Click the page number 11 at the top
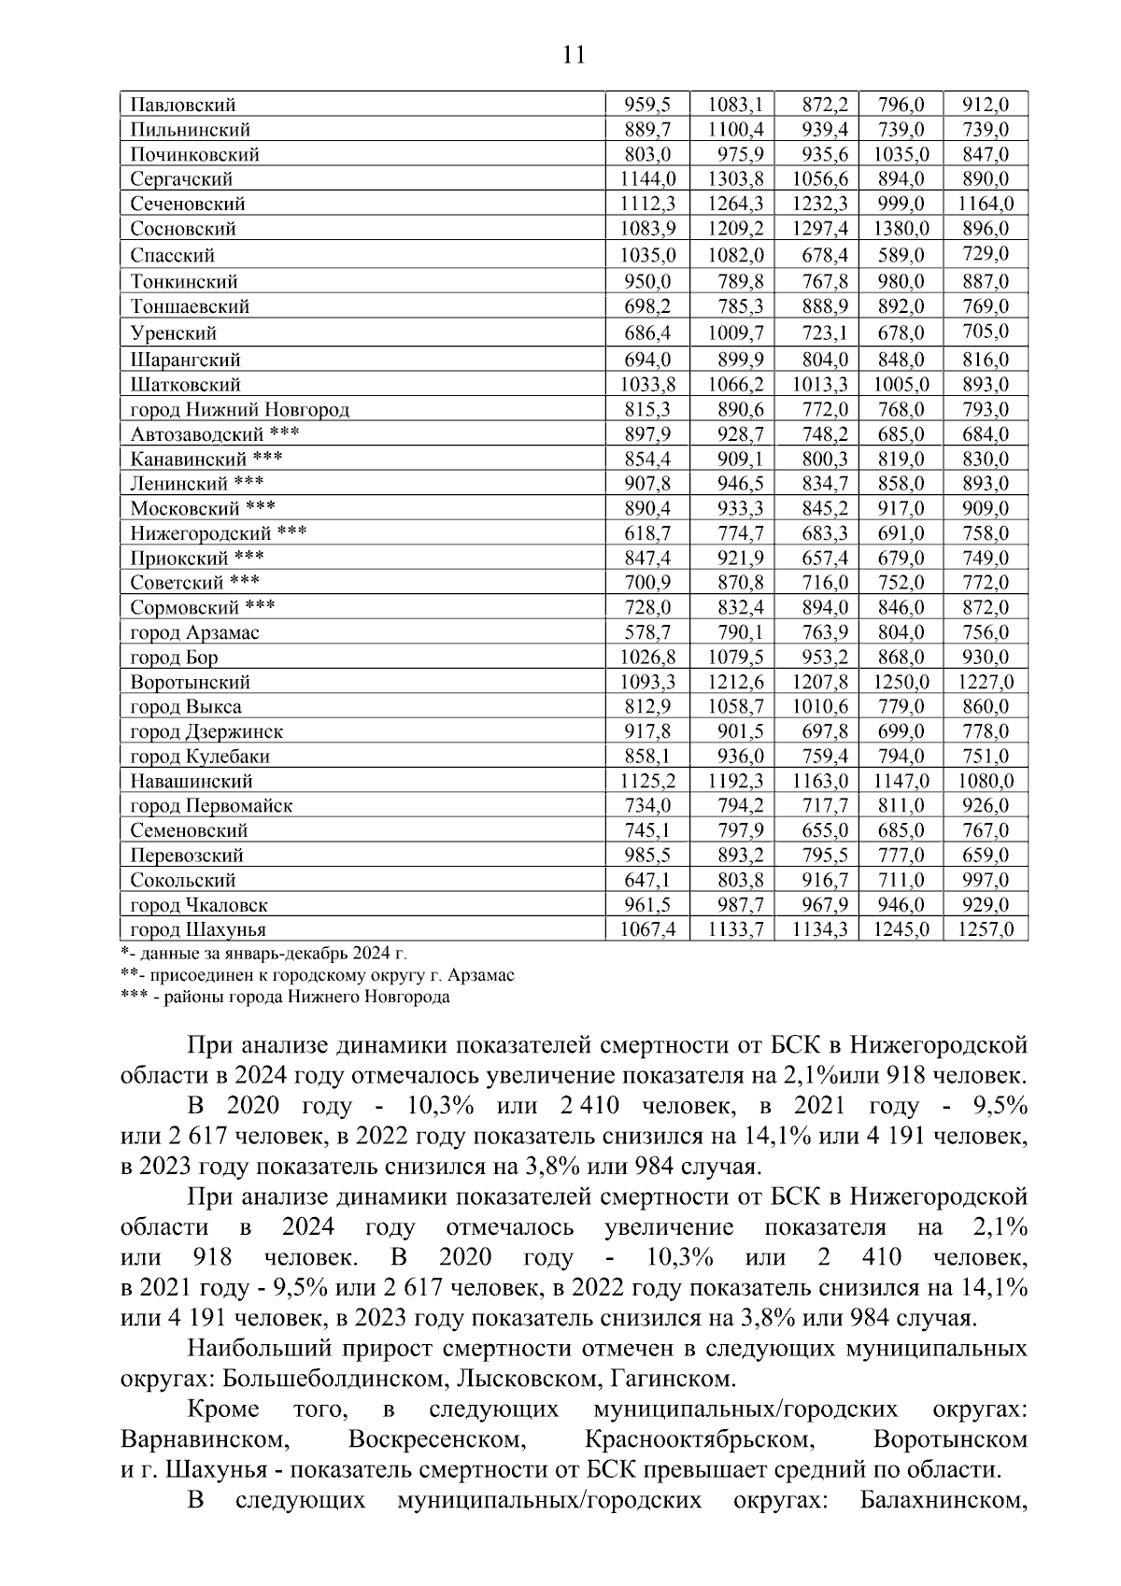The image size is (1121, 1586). (574, 56)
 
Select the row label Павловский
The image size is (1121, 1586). (183, 105)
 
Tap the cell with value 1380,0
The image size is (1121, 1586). (901, 229)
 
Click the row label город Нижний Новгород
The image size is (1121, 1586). (240, 409)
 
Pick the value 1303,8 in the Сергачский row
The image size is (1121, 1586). (734, 179)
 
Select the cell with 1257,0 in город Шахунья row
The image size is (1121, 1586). (986, 929)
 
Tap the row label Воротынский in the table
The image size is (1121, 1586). (191, 682)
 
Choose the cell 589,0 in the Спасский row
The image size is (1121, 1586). (901, 255)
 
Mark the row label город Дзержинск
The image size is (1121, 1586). (206, 731)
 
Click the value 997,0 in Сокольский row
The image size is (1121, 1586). (986, 880)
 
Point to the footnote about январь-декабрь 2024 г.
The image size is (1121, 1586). (265, 953)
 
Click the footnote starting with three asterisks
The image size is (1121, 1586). (286, 997)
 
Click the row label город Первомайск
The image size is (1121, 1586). (211, 805)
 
